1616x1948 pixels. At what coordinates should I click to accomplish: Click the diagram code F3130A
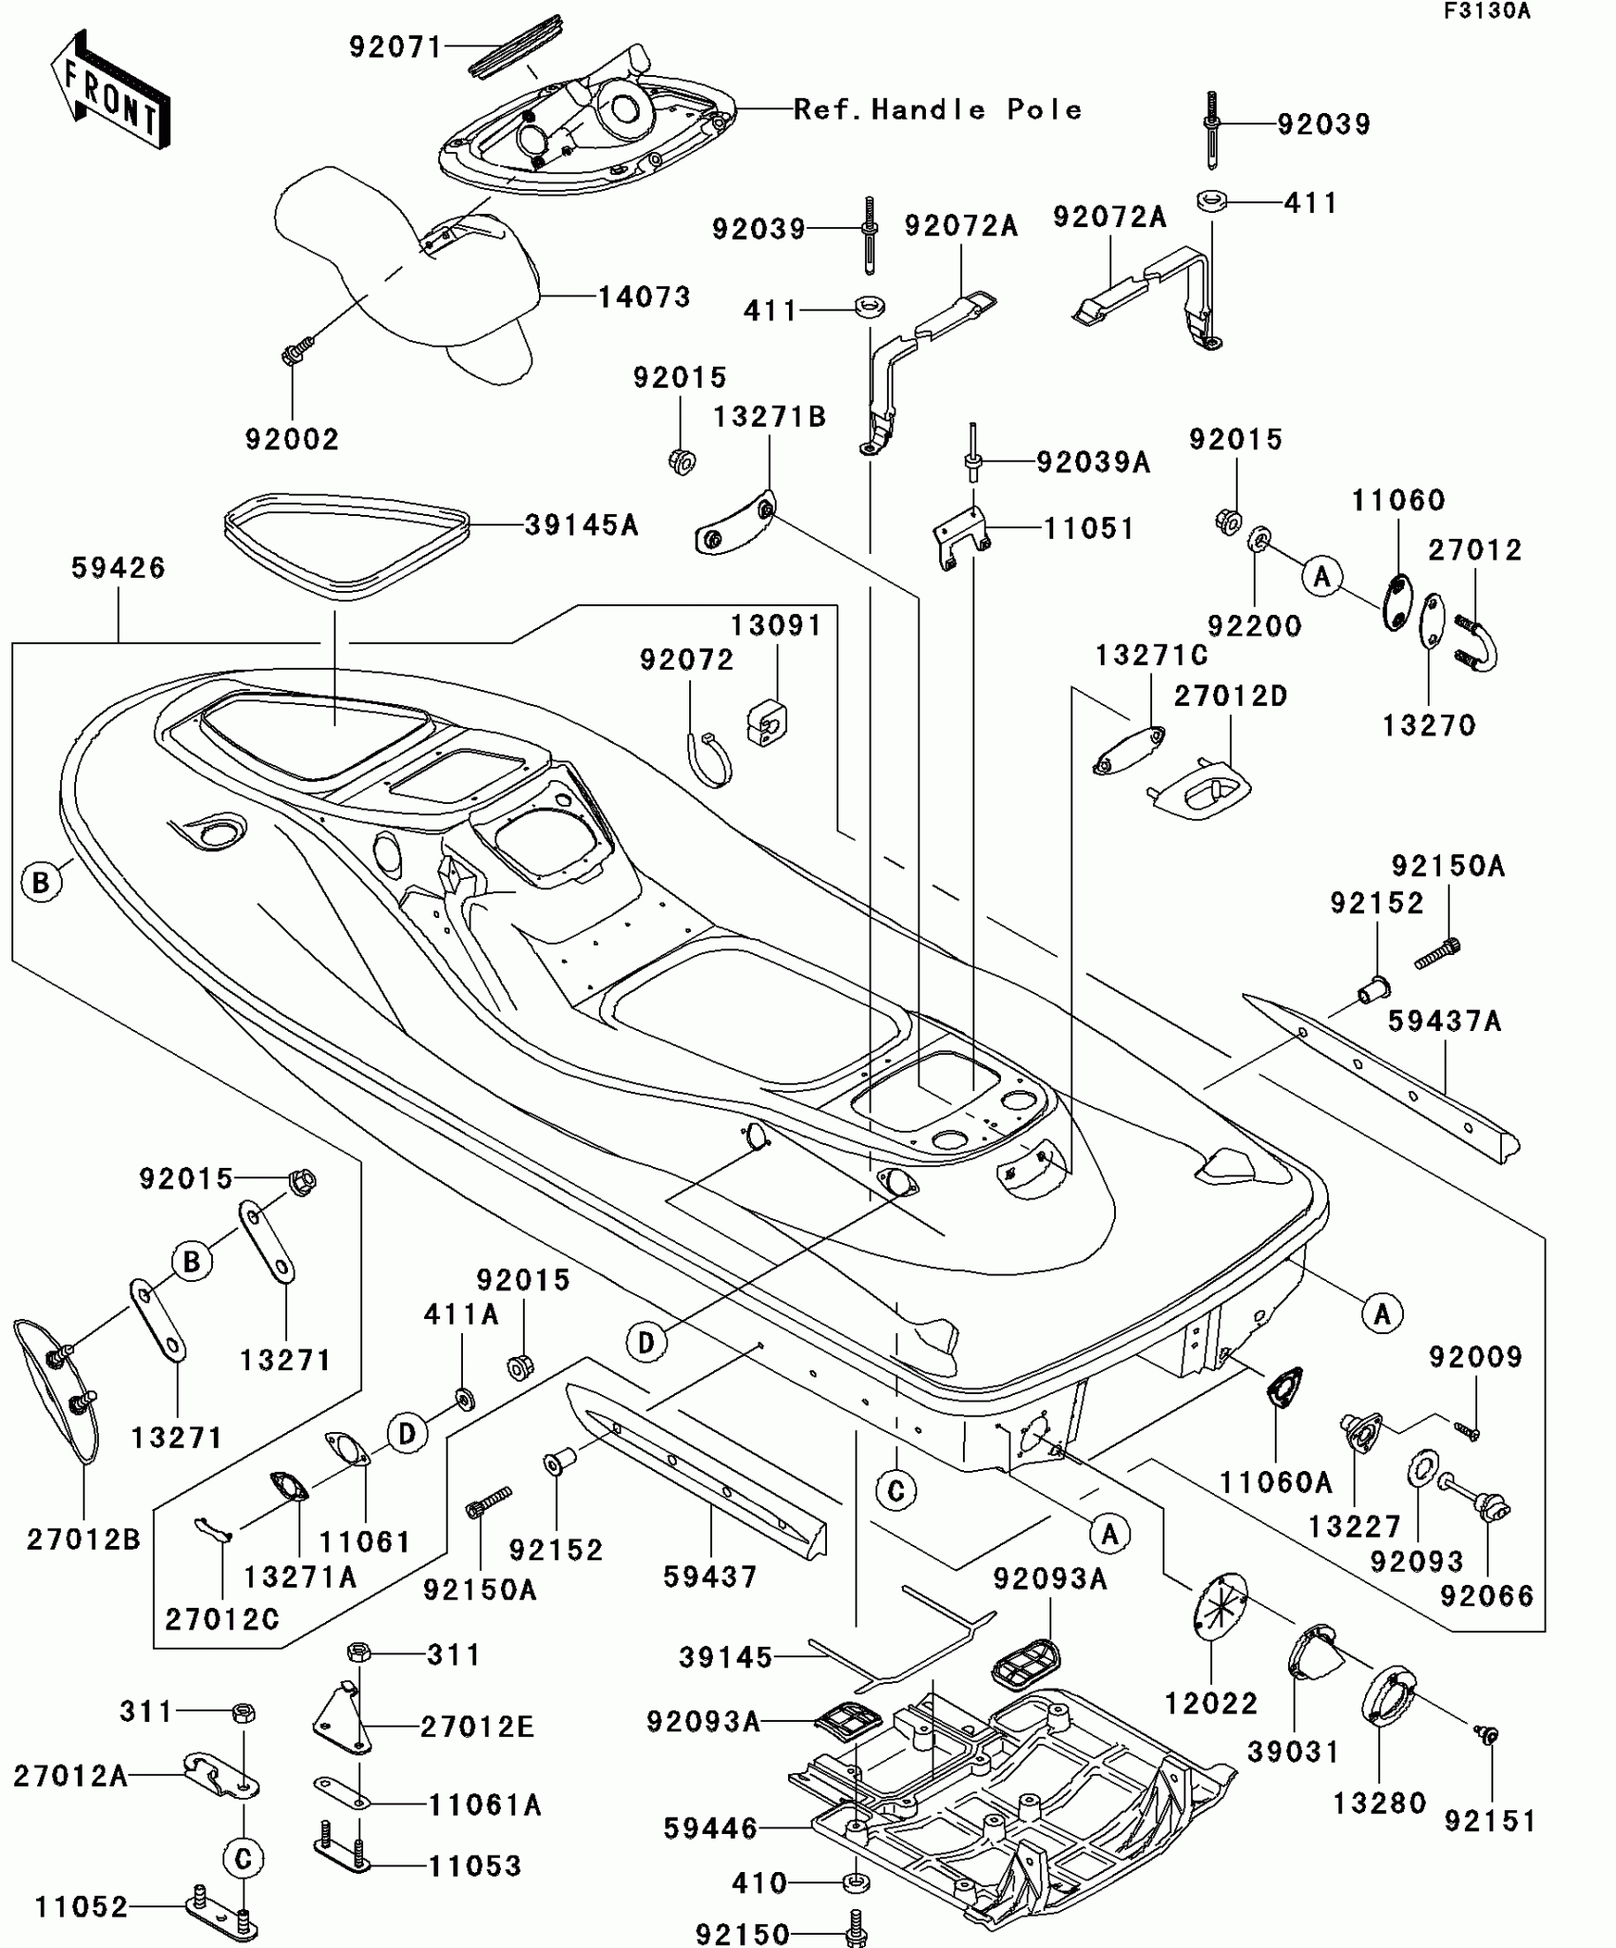click(1488, 11)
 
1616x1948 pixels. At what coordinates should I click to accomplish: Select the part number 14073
click(644, 297)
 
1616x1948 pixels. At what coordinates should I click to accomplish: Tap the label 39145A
click(581, 525)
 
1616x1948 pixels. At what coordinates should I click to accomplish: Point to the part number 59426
click(118, 568)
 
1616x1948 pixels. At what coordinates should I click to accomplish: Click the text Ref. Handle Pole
click(937, 110)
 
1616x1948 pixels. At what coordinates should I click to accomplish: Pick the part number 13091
click(776, 625)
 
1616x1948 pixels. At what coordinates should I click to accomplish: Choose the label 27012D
click(1230, 696)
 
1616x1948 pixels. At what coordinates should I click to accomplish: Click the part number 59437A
click(1444, 1021)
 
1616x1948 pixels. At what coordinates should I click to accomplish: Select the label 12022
click(1211, 1703)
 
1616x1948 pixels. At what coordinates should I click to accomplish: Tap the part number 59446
click(710, 1827)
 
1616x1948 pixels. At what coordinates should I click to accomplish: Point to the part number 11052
click(81, 1906)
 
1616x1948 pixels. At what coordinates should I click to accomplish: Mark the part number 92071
click(395, 47)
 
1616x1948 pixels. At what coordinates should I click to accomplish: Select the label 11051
click(1089, 528)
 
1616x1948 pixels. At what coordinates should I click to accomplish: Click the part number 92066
click(1487, 1595)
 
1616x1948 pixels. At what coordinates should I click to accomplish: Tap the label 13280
click(1379, 1803)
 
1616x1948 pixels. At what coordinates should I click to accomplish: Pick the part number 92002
click(292, 439)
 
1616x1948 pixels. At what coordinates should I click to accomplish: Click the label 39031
click(1293, 1751)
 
